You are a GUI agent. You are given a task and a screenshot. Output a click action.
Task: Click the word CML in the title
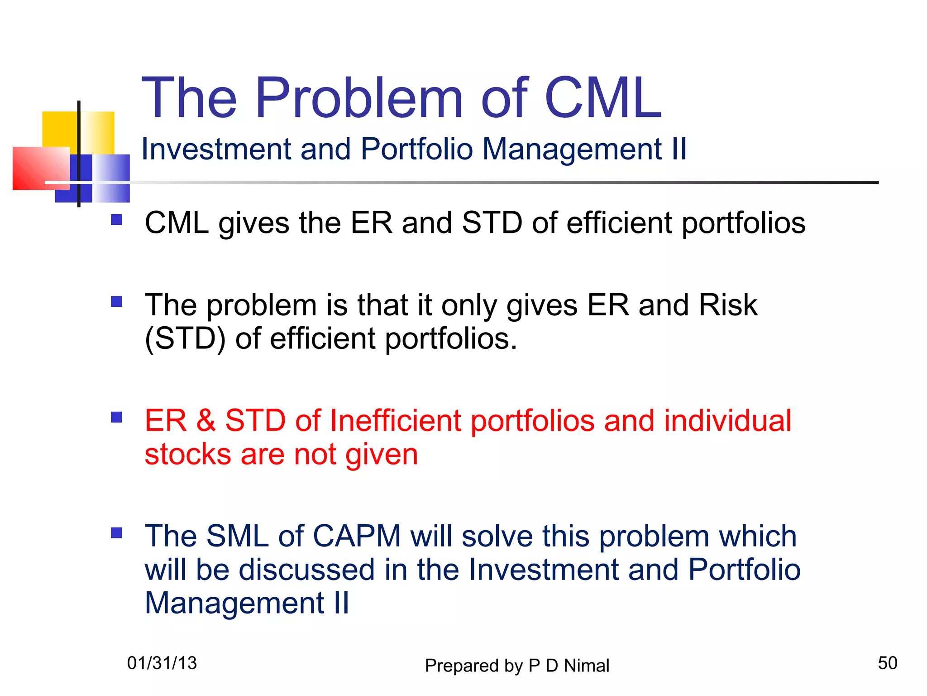(603, 98)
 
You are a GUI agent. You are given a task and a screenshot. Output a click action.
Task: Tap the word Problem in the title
(359, 98)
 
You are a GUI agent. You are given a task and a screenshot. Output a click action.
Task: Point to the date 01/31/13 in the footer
(162, 663)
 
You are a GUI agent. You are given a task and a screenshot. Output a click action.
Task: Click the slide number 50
(887, 663)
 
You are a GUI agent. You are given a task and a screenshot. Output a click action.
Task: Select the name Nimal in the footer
(587, 666)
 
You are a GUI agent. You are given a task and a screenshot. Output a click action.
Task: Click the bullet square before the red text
(116, 417)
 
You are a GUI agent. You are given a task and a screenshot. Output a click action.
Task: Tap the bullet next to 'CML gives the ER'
(116, 220)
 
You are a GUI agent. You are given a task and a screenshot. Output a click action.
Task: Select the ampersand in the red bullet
(205, 420)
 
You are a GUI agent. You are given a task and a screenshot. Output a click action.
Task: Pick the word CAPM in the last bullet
(357, 536)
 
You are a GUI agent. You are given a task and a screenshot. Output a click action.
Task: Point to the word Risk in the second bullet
(727, 305)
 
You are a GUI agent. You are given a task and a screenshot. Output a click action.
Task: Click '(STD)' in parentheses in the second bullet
(185, 339)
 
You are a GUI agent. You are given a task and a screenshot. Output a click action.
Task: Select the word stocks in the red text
(188, 454)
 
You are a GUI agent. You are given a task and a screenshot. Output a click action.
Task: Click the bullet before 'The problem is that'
(116, 302)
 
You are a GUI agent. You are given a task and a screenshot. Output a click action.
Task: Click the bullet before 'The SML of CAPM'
(116, 533)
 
